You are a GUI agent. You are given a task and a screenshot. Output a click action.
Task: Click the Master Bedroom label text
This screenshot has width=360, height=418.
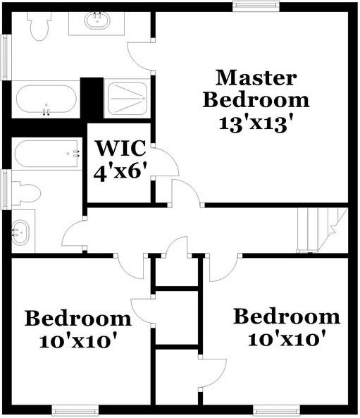[x=255, y=87]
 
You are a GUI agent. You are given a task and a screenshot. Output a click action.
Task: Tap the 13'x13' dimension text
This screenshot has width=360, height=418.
[x=255, y=123]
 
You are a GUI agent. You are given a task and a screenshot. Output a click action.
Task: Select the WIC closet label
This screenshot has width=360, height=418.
[x=120, y=149]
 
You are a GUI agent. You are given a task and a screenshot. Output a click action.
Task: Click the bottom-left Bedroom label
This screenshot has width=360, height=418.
[x=77, y=319]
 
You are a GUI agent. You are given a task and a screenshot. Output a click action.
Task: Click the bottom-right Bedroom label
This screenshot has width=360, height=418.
[x=287, y=316]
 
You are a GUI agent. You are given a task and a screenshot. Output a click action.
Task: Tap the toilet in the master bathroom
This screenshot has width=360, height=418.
[x=39, y=25]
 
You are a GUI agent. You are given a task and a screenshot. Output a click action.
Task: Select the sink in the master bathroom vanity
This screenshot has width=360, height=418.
[x=98, y=20]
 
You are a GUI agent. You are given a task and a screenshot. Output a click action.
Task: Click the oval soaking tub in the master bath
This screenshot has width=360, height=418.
[x=46, y=100]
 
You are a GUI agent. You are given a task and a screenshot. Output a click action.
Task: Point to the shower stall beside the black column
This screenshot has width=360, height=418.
[x=127, y=99]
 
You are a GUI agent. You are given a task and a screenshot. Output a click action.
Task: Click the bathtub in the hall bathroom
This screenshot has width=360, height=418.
[x=46, y=153]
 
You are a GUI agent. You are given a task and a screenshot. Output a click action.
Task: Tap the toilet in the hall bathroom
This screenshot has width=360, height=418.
[x=27, y=192]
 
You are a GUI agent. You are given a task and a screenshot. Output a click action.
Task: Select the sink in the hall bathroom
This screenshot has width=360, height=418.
[x=22, y=231]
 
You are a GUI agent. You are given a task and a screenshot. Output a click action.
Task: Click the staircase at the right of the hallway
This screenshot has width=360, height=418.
[x=322, y=230]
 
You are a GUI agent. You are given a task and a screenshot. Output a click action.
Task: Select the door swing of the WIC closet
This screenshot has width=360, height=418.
[x=165, y=162]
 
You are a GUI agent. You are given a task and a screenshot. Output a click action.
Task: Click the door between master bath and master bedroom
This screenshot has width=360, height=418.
[x=141, y=56]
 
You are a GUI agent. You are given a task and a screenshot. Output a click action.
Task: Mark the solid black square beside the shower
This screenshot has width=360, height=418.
[x=92, y=98]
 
